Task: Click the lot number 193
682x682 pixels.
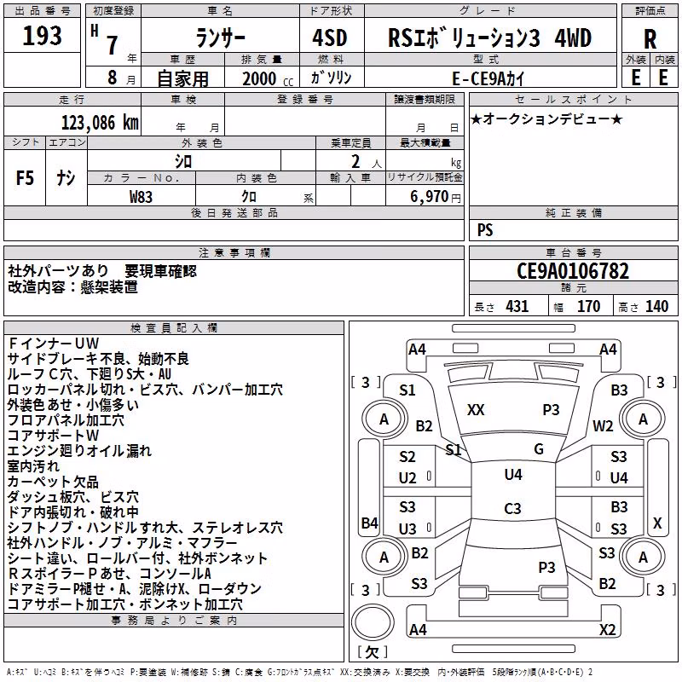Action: tap(42, 35)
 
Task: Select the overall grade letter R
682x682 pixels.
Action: tap(650, 39)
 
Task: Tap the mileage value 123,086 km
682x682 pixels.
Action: tap(100, 123)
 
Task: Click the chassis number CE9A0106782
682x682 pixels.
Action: tap(573, 271)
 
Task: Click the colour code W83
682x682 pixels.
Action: tap(141, 197)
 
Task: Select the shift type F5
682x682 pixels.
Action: tap(25, 178)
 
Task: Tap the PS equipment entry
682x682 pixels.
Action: tap(485, 229)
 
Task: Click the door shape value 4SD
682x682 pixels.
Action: tap(330, 38)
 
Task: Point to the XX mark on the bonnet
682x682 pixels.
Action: tap(476, 410)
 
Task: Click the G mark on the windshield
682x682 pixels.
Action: tap(539, 448)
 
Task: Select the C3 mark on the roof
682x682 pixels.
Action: tap(512, 508)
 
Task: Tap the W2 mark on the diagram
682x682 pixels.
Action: tap(603, 426)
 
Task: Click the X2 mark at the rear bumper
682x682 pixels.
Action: tap(607, 629)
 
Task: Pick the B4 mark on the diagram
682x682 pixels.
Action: tap(370, 523)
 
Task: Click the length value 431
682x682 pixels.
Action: tap(517, 306)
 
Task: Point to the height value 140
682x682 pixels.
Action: tap(656, 306)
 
